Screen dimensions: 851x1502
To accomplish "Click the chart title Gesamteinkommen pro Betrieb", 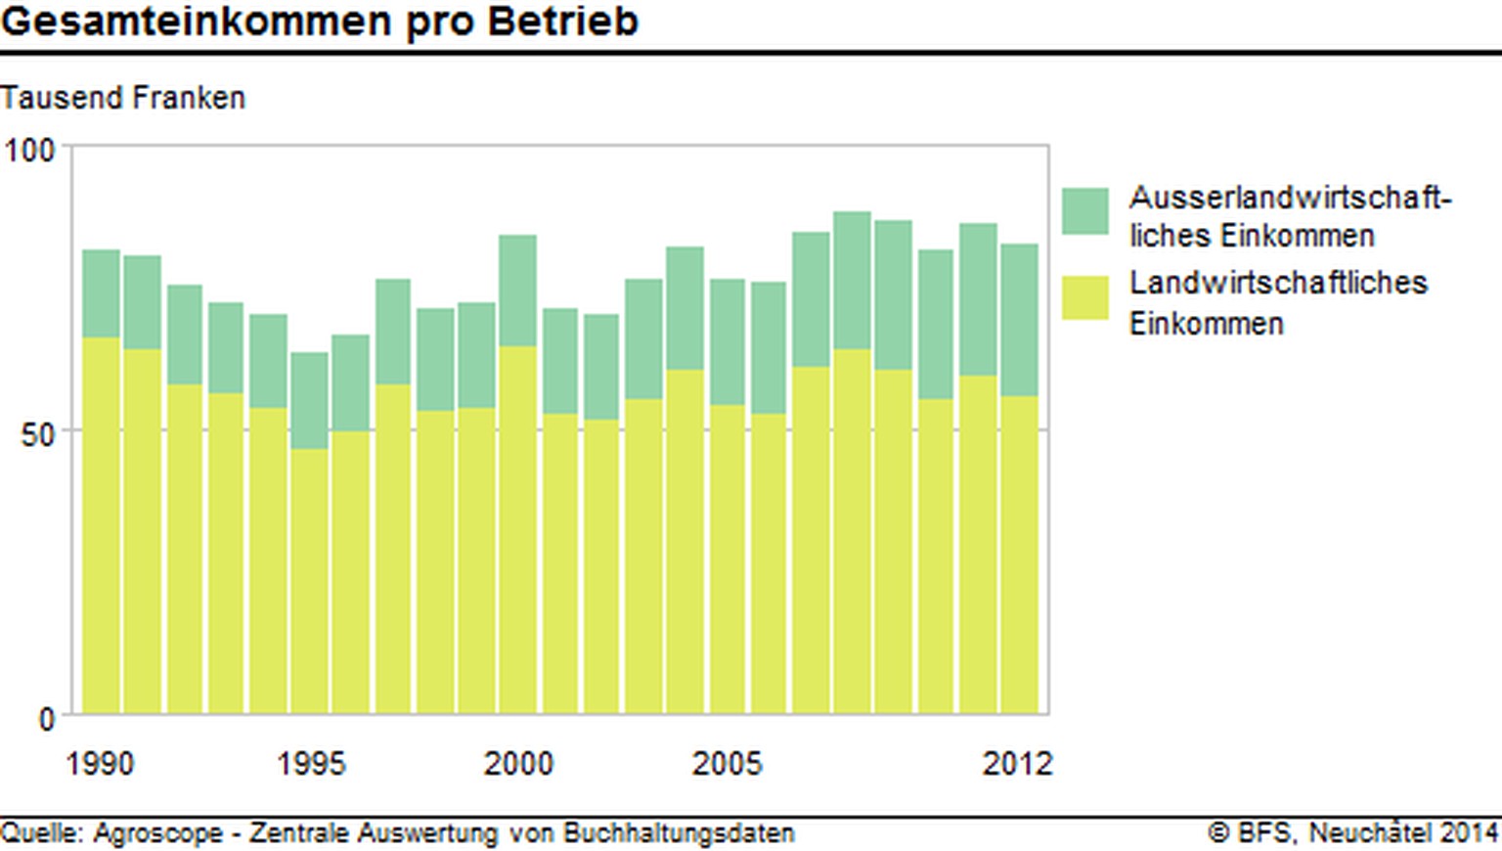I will point(319,21).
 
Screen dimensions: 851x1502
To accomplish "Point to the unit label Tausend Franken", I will point(122,98).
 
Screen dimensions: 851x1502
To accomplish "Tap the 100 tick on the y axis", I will point(29,151).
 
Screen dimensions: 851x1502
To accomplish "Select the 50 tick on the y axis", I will point(37,433).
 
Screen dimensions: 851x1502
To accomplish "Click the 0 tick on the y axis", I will point(46,720).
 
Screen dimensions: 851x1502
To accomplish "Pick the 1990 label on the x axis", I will point(100,763).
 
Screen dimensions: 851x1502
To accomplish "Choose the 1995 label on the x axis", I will point(311,763).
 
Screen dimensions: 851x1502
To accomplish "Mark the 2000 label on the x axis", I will point(518,763).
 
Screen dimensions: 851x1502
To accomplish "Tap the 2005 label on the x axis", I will point(727,763).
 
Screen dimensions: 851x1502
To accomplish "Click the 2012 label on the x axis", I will point(1017,763).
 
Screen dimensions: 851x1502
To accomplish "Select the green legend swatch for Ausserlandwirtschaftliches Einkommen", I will point(1085,211).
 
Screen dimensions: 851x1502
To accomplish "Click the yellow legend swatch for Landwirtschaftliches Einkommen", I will point(1085,297).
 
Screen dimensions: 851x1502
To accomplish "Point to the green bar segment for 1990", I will point(101,293).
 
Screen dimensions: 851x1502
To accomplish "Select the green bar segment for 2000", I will point(518,291).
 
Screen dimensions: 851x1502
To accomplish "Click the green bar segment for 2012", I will point(1020,320).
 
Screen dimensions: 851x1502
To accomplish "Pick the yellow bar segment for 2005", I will point(728,559).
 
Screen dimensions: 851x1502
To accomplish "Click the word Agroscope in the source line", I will point(158,833).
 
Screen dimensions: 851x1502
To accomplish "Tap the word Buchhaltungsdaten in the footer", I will point(679,833).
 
